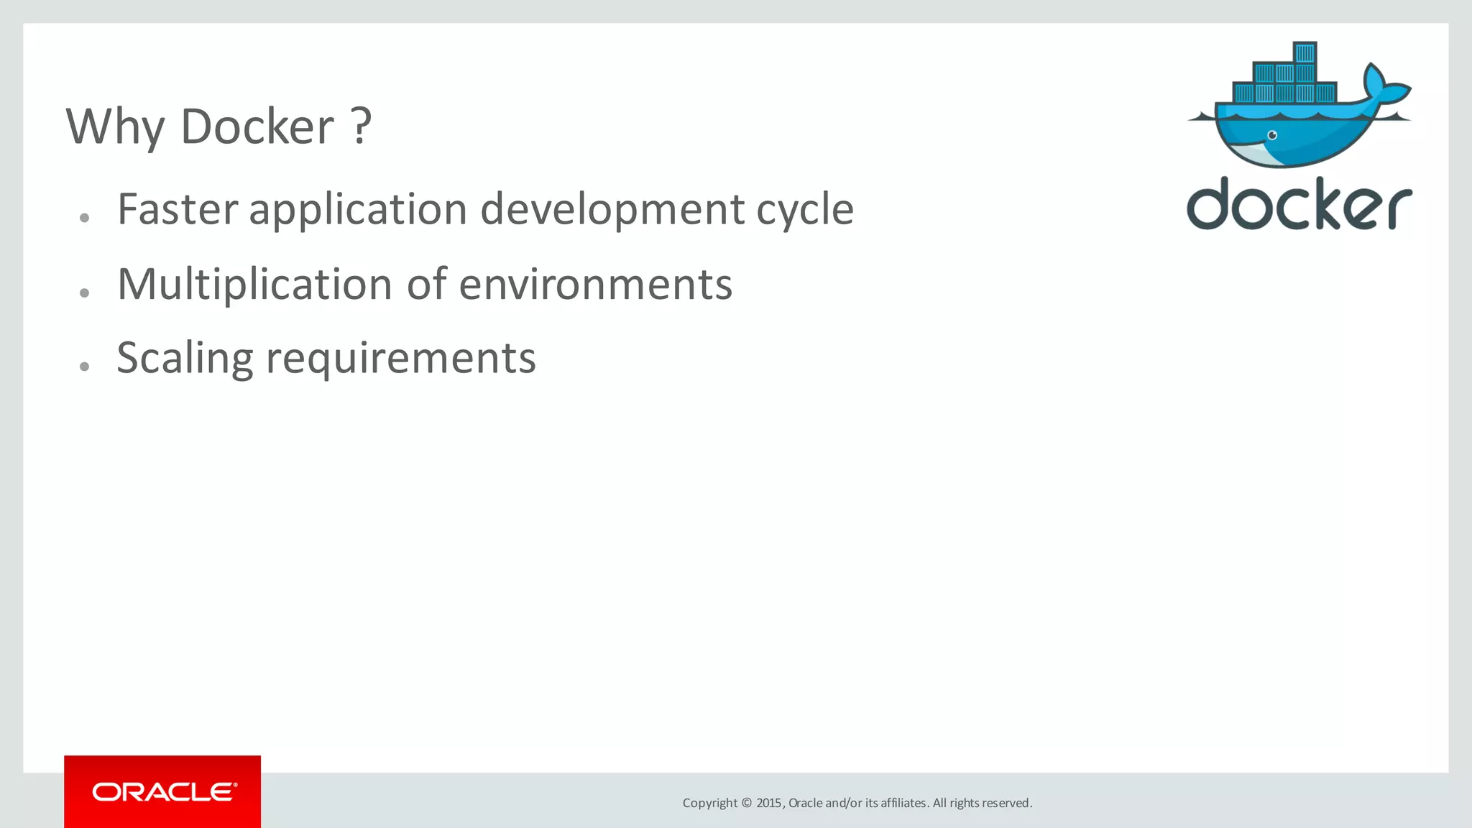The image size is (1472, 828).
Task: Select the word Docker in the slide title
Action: click(257, 127)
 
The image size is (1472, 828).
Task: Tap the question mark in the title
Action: click(362, 126)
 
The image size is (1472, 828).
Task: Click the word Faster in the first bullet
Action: click(177, 209)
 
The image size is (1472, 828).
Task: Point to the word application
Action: click(358, 211)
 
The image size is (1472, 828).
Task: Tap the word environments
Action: click(595, 285)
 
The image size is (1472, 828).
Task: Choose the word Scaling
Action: click(185, 359)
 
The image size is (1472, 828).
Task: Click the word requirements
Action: click(400, 359)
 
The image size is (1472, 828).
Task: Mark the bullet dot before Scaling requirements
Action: click(85, 367)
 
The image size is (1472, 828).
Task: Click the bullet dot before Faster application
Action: click(85, 218)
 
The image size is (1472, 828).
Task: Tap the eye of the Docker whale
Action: click(1272, 135)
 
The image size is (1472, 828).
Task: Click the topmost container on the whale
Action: click(1305, 52)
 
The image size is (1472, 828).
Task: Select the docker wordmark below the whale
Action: click(1299, 205)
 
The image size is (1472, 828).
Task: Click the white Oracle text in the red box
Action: click(164, 792)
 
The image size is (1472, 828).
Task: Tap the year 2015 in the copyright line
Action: click(769, 803)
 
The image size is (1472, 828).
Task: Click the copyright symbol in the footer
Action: click(746, 803)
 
